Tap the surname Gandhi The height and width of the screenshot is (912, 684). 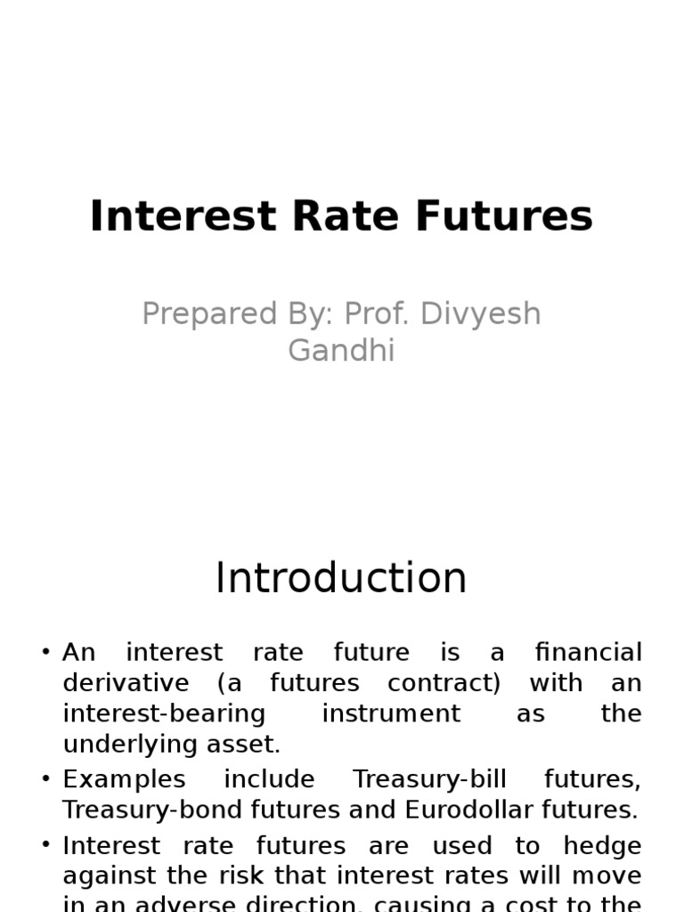tap(341, 350)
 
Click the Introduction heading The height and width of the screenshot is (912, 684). tap(341, 578)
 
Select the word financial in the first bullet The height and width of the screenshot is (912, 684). tap(588, 652)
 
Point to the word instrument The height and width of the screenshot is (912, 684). tap(391, 713)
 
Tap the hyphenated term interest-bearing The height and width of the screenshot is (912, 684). tap(165, 713)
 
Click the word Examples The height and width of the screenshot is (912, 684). tap(124, 779)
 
